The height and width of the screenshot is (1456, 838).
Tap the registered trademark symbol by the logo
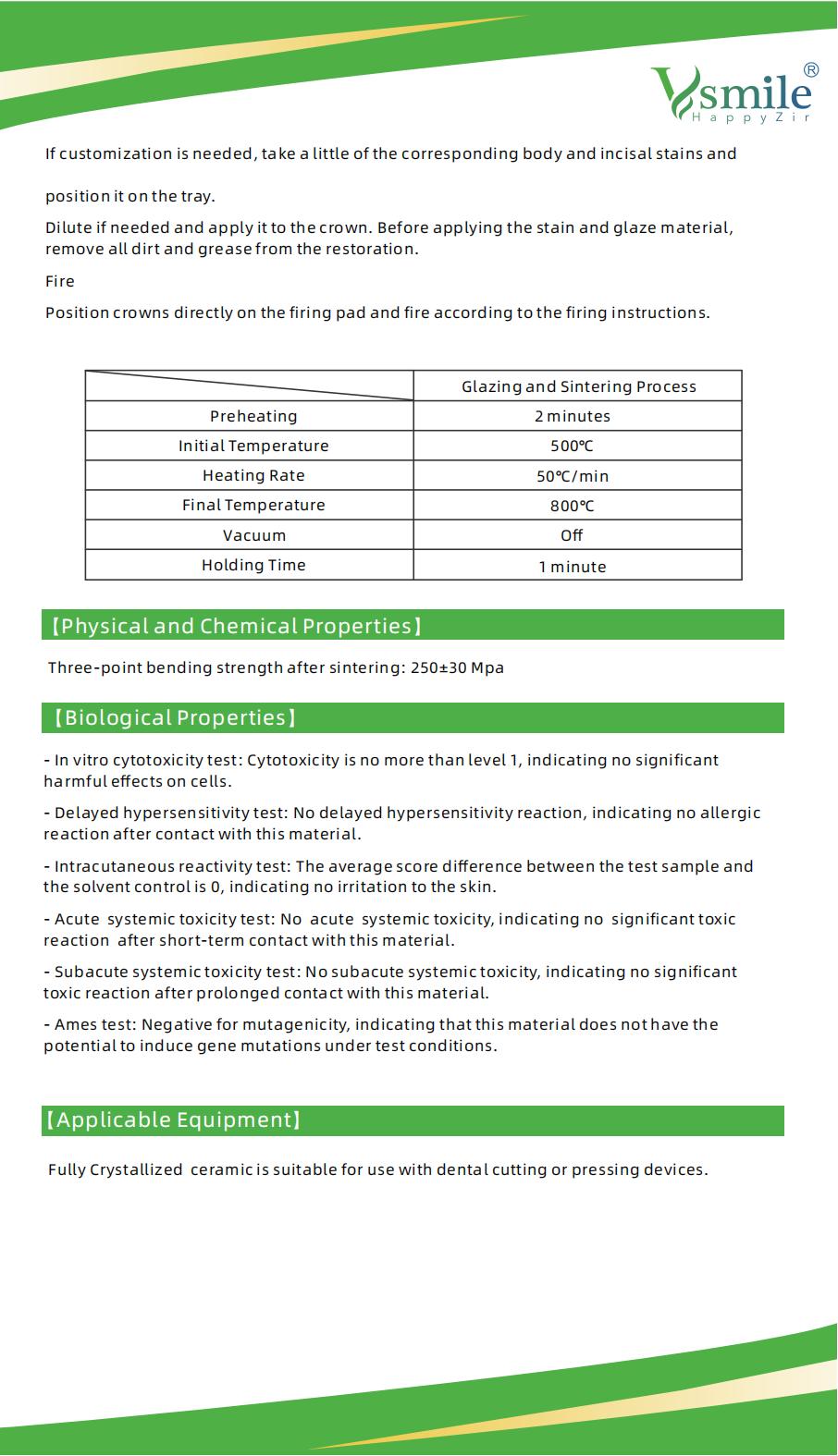810,69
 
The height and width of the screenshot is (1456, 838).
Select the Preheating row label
253,416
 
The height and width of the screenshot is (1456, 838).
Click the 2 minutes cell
573,416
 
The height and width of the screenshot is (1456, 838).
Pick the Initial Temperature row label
253,446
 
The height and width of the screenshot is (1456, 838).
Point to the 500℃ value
573,447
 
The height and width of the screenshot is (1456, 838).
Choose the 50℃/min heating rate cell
573,476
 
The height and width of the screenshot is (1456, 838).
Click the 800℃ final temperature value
573,506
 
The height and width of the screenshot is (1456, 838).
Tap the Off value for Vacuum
573,535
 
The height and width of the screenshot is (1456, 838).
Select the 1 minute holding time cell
573,567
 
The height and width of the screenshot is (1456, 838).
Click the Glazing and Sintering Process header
579,386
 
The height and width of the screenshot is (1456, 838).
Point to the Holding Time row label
253,565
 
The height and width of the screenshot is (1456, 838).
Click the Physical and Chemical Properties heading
236,626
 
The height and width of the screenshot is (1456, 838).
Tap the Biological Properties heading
175,717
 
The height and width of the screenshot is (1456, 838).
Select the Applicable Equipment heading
173,1120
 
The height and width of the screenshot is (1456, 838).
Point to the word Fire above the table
60,281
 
